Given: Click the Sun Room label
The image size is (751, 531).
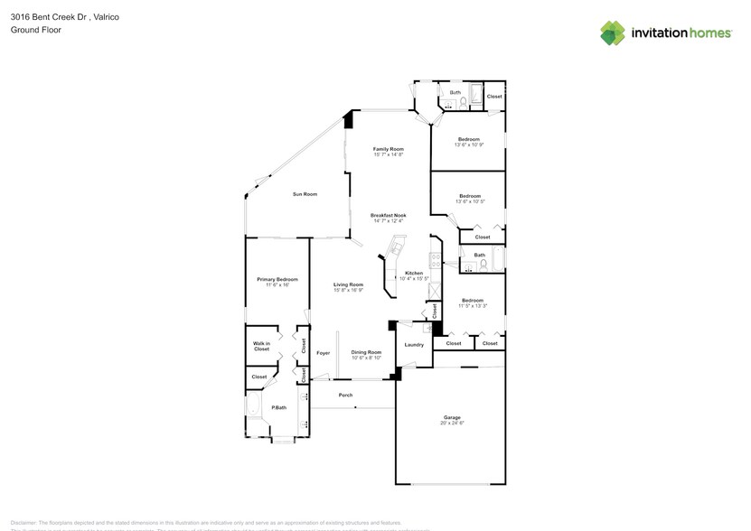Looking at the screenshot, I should click(305, 194).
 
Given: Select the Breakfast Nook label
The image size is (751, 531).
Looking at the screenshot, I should click(388, 215).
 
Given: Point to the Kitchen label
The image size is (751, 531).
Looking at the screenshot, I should click(414, 273).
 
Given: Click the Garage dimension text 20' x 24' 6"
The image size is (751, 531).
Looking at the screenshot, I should click(451, 424).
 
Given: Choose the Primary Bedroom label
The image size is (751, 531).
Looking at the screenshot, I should click(277, 279).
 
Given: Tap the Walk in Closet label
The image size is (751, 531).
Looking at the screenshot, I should click(261, 346).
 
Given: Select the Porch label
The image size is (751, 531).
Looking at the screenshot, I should click(345, 396).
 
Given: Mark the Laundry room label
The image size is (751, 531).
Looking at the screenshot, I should click(414, 344).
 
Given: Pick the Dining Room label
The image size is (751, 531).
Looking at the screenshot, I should click(366, 352).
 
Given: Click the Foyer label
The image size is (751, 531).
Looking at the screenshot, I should click(323, 353).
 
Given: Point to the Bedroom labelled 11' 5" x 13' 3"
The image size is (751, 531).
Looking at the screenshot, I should click(472, 300).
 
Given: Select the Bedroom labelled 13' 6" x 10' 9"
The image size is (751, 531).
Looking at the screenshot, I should click(468, 139).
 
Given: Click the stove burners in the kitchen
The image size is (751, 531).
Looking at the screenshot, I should click(435, 262).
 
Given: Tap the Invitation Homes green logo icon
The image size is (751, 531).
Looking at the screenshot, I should click(613, 33).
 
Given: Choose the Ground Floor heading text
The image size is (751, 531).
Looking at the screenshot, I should click(30, 30).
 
